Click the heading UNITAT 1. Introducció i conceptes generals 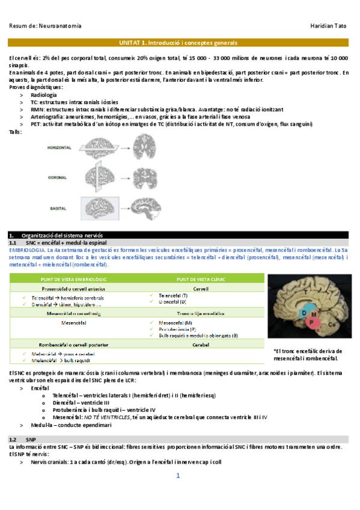pyautogui.click(x=179, y=43)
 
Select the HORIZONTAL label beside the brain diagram pyautogui.click(x=60, y=148)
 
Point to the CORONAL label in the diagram pyautogui.click(x=57, y=177)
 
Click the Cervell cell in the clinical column pyautogui.click(x=200, y=288)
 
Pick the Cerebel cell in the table pyautogui.click(x=200, y=345)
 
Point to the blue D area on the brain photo pyautogui.click(x=304, y=313)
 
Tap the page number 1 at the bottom pyautogui.click(x=178, y=476)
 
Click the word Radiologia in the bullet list pyautogui.click(x=44, y=95)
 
